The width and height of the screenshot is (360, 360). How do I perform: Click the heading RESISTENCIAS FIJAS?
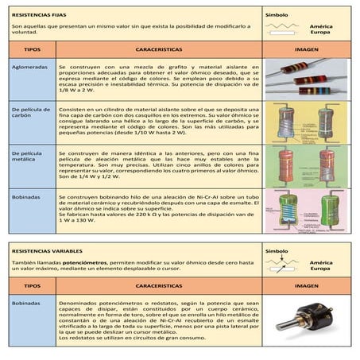click(x=36, y=14)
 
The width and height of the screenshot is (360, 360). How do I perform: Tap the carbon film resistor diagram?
click(x=307, y=122)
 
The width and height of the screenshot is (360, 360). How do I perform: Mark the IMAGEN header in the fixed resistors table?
click(x=306, y=49)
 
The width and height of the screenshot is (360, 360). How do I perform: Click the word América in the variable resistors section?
click(x=321, y=262)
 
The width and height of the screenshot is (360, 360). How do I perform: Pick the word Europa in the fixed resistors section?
click(x=321, y=33)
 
